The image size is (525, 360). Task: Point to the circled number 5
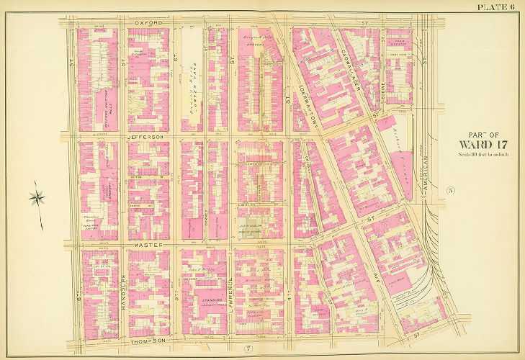click(449, 191)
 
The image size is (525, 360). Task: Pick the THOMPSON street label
click(149, 340)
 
